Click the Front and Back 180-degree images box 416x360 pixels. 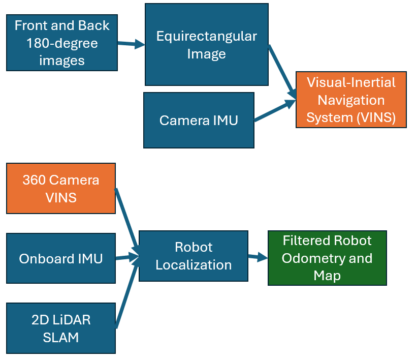62,43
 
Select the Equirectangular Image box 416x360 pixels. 207,45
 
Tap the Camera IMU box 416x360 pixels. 199,120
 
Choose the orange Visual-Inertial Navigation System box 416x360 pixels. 351,100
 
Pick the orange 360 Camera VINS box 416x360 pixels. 61,188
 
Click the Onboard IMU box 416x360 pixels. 61,258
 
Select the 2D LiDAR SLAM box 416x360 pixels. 61,328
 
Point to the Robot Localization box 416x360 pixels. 194,256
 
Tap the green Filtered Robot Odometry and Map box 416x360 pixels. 327,258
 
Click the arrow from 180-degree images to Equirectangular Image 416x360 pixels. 131,44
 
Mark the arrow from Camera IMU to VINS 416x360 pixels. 275,111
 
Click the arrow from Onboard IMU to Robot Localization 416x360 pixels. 127,257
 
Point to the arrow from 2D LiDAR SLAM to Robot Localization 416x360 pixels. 127,293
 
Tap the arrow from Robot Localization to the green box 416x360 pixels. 258,257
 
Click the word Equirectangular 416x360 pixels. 207,37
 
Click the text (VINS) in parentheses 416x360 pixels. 376,117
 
